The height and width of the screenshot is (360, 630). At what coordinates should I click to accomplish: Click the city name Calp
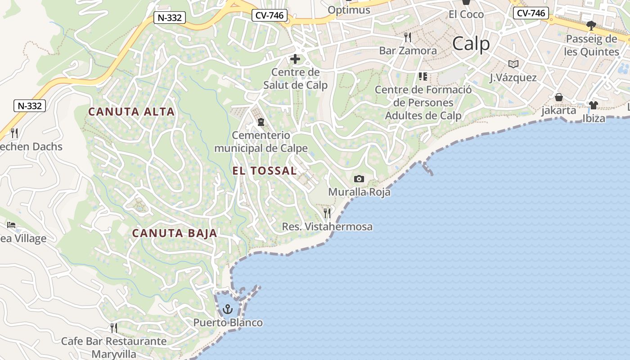pyautogui.click(x=471, y=44)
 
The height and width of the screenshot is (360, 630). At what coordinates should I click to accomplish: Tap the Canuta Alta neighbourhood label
pyautogui.click(x=131, y=112)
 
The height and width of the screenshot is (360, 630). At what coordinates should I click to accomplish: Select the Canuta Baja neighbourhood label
pyautogui.click(x=175, y=233)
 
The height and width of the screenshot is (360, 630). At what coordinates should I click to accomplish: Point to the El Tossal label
pyautogui.click(x=265, y=171)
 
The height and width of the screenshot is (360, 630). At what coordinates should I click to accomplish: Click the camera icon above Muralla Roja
pyautogui.click(x=359, y=179)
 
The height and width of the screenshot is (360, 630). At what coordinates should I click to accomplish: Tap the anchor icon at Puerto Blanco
pyautogui.click(x=228, y=309)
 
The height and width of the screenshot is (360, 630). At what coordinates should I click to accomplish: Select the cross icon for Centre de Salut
pyautogui.click(x=295, y=59)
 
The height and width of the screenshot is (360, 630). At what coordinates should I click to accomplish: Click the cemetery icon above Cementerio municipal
pyautogui.click(x=261, y=122)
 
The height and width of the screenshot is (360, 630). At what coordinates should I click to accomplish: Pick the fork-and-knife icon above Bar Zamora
pyautogui.click(x=408, y=37)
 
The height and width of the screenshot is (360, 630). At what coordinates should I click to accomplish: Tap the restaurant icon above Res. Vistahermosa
pyautogui.click(x=327, y=213)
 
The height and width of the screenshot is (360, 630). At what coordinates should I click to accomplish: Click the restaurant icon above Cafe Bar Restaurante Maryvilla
pyautogui.click(x=114, y=328)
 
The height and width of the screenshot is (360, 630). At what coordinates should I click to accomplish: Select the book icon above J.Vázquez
pyautogui.click(x=513, y=64)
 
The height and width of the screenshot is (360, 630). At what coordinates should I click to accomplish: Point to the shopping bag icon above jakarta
pyautogui.click(x=559, y=97)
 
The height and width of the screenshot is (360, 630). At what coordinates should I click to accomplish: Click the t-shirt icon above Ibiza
pyautogui.click(x=594, y=105)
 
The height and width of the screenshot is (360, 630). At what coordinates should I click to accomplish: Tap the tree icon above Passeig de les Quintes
pyautogui.click(x=591, y=25)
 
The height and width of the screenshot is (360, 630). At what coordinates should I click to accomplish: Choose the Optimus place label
pyautogui.click(x=349, y=10)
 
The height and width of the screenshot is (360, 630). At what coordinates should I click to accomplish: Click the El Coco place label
pyautogui.click(x=466, y=14)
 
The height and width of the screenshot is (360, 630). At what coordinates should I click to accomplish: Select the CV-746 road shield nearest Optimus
pyautogui.click(x=270, y=15)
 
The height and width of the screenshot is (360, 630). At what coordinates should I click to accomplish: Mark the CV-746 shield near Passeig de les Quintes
pyautogui.click(x=531, y=13)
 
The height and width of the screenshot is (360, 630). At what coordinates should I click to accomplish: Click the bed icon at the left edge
pyautogui.click(x=11, y=225)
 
